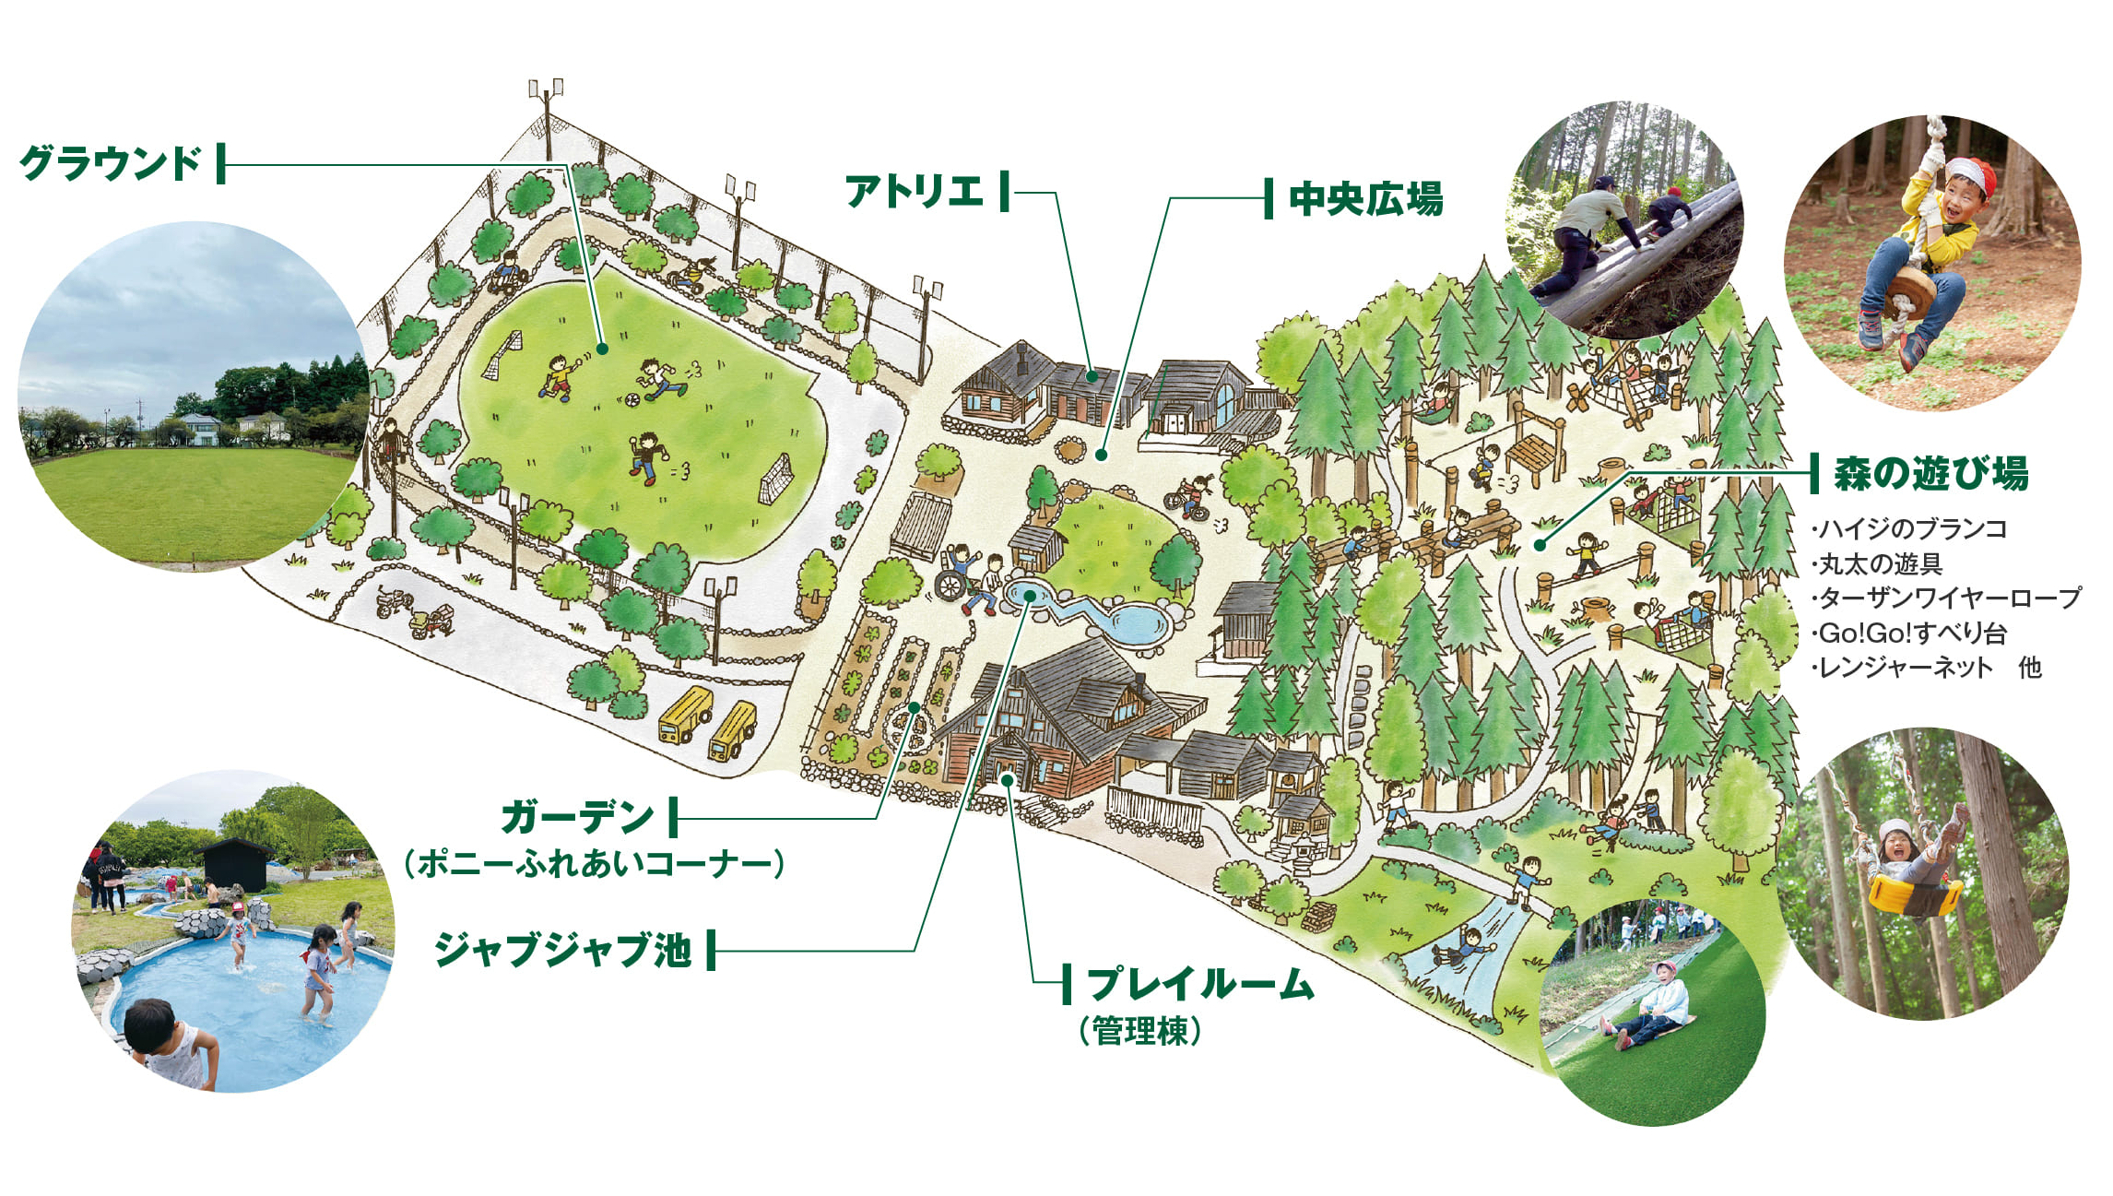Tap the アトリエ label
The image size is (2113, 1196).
(914, 192)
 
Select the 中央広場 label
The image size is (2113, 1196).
(1365, 199)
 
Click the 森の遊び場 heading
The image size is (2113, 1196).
(1930, 474)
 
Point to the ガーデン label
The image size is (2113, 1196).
(577, 817)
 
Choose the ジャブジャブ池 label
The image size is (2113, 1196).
(562, 949)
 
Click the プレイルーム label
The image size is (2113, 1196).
(1200, 984)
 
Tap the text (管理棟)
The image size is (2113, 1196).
(1140, 1031)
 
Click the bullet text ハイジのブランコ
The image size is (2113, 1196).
(1911, 529)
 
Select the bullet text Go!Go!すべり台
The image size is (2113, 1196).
(1911, 634)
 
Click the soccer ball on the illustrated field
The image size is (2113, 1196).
(632, 401)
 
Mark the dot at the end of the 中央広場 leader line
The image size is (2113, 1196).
(1100, 455)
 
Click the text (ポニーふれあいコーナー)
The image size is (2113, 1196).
(595, 865)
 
